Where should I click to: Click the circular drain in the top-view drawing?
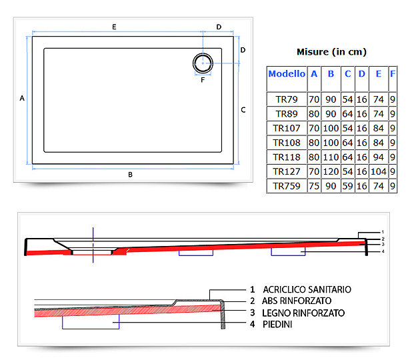(203, 53)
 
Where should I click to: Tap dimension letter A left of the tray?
(22, 98)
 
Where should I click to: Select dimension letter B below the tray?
(130, 175)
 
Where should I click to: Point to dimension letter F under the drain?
(203, 80)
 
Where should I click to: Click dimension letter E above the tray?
(114, 27)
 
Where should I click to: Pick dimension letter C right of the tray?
(243, 110)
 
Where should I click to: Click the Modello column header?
(287, 74)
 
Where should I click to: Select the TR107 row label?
(287, 128)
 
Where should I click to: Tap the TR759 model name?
(287, 186)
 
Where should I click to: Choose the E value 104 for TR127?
(379, 171)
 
